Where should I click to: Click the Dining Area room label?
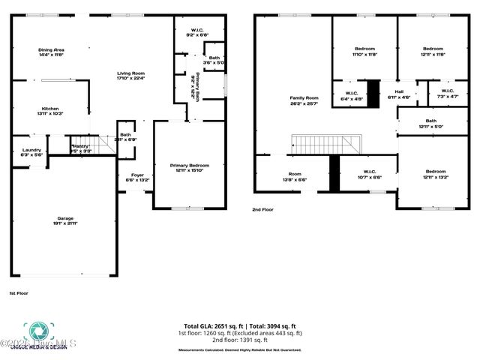(x=52, y=52)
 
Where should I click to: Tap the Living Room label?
(x=130, y=75)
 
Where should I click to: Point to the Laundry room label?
(x=31, y=151)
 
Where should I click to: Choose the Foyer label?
(x=136, y=178)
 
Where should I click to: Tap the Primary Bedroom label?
(x=189, y=167)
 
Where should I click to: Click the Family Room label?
(x=304, y=100)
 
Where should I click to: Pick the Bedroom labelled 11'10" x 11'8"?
(x=365, y=51)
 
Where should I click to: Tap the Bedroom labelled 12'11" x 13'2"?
(x=436, y=174)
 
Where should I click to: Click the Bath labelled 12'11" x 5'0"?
(x=430, y=123)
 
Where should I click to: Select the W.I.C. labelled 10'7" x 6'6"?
(x=369, y=174)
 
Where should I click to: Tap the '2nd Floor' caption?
(x=263, y=210)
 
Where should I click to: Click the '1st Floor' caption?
(x=19, y=292)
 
